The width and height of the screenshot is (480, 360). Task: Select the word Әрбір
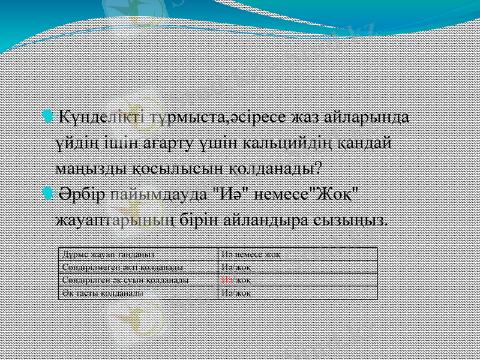point(80,195)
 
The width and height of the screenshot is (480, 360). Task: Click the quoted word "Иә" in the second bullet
point(225,195)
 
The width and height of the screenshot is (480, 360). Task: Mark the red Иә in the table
point(227,280)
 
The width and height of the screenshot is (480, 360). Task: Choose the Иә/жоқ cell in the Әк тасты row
point(236,293)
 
